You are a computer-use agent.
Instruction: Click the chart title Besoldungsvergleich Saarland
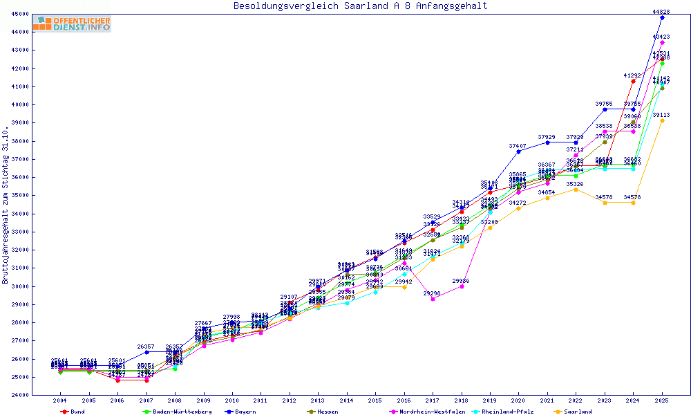pyautogui.click(x=360, y=6)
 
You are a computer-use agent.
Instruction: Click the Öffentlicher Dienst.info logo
pyautogui.click(x=72, y=24)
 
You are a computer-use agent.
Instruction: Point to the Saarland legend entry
pyautogui.click(x=578, y=412)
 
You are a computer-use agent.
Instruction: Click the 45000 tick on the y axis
pyautogui.click(x=19, y=15)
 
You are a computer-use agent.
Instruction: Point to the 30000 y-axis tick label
pyautogui.click(x=19, y=286)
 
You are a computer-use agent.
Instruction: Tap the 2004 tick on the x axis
pyautogui.click(x=60, y=400)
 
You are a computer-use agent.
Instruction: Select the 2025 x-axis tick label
pyautogui.click(x=662, y=400)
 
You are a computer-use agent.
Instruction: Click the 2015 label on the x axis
pyautogui.click(x=375, y=400)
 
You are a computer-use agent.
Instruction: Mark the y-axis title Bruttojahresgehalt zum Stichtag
pyautogui.click(x=6, y=205)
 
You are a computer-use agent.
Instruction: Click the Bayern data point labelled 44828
pyautogui.click(x=662, y=17)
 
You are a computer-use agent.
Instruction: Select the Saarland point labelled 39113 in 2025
pyautogui.click(x=662, y=120)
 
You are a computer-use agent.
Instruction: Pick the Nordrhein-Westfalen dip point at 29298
pyautogui.click(x=433, y=299)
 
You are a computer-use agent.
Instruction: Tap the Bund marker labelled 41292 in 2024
pyautogui.click(x=633, y=81)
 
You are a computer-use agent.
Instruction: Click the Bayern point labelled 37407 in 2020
pyautogui.click(x=518, y=151)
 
